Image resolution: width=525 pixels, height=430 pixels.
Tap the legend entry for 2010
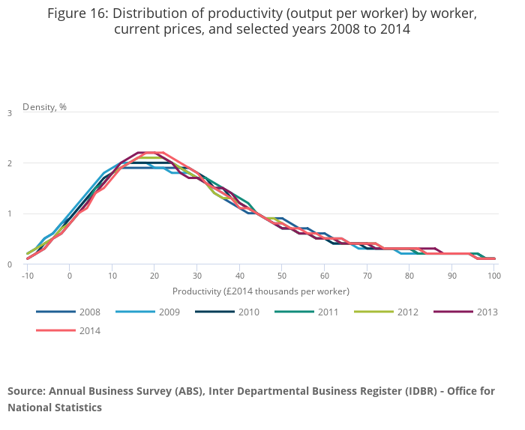coord(238,312)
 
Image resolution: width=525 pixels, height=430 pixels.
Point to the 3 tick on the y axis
coord(10,113)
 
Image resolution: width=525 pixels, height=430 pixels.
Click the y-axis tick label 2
coord(10,163)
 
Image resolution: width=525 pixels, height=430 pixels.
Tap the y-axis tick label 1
coord(10,214)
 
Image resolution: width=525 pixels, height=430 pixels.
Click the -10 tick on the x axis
coord(27,276)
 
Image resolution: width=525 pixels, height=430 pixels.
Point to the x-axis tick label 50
coord(282,276)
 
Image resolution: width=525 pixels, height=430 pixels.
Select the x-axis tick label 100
coord(494,276)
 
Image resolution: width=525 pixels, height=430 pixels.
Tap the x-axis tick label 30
coord(197,276)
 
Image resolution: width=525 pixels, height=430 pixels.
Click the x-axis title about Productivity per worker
coord(261,291)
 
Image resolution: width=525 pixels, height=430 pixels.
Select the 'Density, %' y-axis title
coord(44,107)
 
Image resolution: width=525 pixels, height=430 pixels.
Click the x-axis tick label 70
coord(367,276)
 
